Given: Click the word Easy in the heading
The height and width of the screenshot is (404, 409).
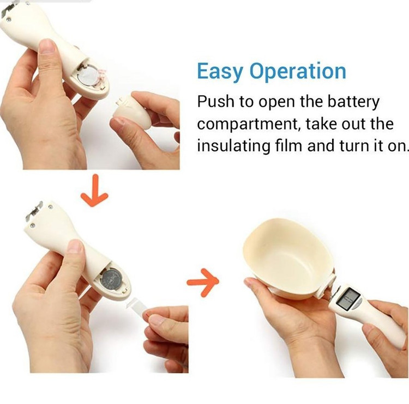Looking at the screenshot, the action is pos(220,71).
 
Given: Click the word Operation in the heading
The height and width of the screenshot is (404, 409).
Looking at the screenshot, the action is pos(298,71).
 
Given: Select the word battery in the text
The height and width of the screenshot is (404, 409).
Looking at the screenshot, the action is pos(353,102).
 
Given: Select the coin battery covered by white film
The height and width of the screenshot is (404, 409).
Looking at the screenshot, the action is pos(89,75).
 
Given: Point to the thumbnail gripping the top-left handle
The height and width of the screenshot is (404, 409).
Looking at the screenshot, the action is pos(47,46).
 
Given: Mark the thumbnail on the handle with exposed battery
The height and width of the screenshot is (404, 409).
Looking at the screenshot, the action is pos(75,246).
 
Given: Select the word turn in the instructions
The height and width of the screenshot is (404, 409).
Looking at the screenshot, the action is pos(353,145).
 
